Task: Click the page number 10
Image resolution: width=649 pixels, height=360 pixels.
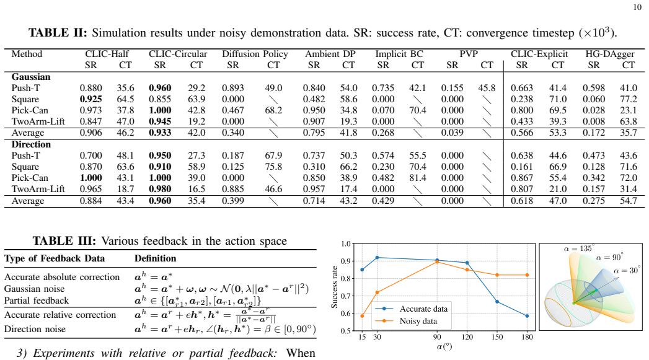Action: [637, 7]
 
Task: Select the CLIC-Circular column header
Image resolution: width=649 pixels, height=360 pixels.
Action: [178, 54]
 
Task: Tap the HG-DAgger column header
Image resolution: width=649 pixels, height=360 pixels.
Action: [610, 54]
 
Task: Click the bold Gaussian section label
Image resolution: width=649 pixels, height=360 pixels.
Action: [31, 77]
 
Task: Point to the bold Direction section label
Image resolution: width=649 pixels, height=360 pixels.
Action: [31, 144]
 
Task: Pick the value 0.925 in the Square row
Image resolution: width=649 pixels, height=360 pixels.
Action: [91, 99]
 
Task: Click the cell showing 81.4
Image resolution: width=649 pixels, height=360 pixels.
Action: [418, 178]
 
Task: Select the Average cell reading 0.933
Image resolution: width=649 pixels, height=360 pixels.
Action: [160, 133]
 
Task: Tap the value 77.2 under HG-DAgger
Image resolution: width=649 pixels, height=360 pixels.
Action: [629, 99]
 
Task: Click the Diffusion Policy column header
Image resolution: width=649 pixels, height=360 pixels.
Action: [255, 54]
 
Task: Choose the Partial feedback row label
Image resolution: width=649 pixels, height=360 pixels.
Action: [37, 301]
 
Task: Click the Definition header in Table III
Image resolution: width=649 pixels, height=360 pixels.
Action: [155, 258]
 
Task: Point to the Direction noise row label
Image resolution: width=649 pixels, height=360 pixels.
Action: [35, 329]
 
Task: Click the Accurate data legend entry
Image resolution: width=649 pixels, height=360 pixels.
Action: [423, 309]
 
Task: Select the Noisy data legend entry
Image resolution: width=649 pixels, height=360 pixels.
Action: [418, 321]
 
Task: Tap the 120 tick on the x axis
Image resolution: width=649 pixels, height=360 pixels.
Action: [467, 337]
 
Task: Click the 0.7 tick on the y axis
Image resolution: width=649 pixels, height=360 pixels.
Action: [346, 296]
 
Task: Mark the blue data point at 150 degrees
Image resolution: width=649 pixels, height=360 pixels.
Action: [497, 302]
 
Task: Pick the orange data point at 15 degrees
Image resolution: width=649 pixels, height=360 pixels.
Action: [362, 316]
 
